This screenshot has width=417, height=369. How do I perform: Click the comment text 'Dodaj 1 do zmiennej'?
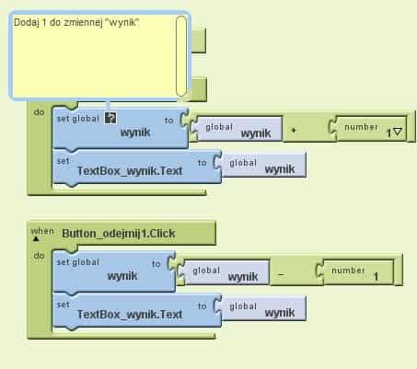pyautogui.click(x=58, y=23)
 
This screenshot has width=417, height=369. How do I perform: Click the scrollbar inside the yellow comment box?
pyautogui.click(x=181, y=56)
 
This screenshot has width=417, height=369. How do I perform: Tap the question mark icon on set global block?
pyautogui.click(x=110, y=118)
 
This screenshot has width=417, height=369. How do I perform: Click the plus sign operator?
pyautogui.click(x=294, y=130)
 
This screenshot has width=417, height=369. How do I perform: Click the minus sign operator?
pyautogui.click(x=281, y=274)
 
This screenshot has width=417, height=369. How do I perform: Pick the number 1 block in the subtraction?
pyautogui.click(x=355, y=272)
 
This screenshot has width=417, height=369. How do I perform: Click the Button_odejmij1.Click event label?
pyautogui.click(x=119, y=234)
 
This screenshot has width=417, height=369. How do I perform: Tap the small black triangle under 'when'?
pyautogui.click(x=36, y=238)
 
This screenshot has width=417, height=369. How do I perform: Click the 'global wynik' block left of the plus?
pyautogui.click(x=237, y=129)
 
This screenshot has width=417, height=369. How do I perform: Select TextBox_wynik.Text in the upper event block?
pyautogui.click(x=130, y=171)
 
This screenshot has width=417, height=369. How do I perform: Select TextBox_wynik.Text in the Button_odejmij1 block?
pyautogui.click(x=130, y=315)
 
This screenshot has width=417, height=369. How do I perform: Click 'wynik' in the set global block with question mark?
pyautogui.click(x=135, y=133)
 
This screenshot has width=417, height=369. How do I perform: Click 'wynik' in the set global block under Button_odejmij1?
pyautogui.click(x=122, y=276)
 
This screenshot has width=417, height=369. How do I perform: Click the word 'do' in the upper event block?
pyautogui.click(x=39, y=112)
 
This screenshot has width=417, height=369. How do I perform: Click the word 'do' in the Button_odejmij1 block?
pyautogui.click(x=39, y=256)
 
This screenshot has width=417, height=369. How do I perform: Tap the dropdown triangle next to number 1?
pyautogui.click(x=398, y=132)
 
